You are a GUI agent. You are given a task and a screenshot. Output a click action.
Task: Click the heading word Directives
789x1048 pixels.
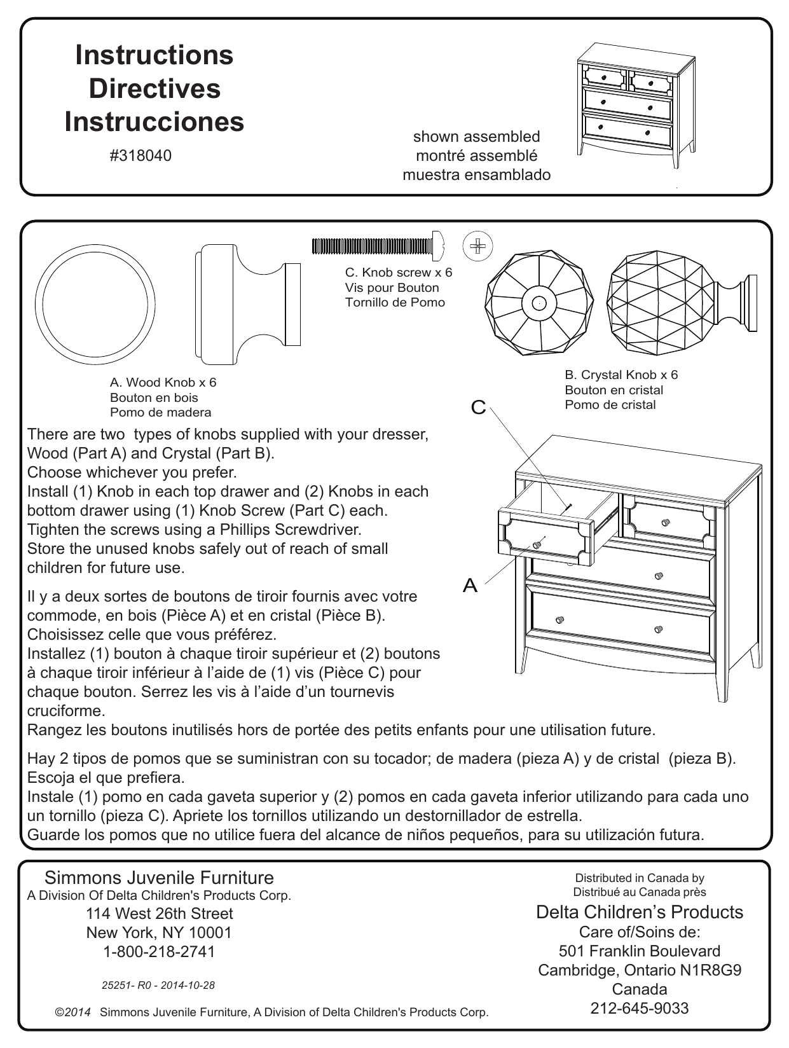click(x=154, y=88)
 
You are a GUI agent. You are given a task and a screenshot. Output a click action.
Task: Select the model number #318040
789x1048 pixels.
click(x=141, y=156)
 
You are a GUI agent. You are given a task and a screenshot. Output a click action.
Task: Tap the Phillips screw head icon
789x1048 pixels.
click(x=478, y=247)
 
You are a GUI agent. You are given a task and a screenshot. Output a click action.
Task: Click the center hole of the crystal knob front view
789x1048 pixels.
click(x=539, y=303)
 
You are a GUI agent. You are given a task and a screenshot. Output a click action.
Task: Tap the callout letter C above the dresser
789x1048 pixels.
click(x=478, y=408)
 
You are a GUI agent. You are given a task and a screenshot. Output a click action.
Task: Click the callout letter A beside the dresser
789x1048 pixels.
click(x=470, y=585)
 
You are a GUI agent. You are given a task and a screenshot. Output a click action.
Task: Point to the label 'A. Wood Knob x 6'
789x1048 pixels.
click(x=163, y=382)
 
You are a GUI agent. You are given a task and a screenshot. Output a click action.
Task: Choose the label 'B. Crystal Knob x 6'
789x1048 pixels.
click(x=621, y=375)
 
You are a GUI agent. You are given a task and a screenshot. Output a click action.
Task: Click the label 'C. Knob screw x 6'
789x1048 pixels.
click(x=398, y=272)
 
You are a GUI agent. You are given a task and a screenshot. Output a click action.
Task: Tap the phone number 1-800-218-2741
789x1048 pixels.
click(x=159, y=951)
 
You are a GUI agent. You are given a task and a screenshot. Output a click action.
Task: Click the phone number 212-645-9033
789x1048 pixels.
click(x=640, y=1008)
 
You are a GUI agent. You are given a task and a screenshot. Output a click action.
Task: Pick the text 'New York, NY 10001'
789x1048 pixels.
click(x=159, y=932)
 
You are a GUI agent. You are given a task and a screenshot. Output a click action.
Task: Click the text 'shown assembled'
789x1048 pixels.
click(x=476, y=137)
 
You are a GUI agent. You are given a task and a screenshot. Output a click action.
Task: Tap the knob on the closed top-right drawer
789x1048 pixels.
click(x=665, y=522)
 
